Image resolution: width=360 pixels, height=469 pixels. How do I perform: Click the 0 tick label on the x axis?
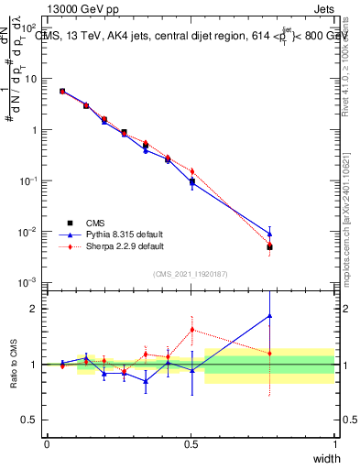(x=47, y=442)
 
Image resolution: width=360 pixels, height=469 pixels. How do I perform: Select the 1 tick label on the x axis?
(x=335, y=442)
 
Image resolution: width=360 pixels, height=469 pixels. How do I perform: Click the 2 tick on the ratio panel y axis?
(x=35, y=308)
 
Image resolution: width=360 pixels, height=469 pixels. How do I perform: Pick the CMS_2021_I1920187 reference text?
(x=191, y=273)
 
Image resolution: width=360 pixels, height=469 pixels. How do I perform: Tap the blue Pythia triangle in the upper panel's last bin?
(x=268, y=233)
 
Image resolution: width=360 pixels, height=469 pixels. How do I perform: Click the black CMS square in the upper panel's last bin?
(x=268, y=247)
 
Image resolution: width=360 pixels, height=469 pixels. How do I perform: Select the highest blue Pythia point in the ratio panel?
(x=268, y=316)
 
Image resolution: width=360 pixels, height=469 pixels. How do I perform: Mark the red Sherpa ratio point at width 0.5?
(x=191, y=330)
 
